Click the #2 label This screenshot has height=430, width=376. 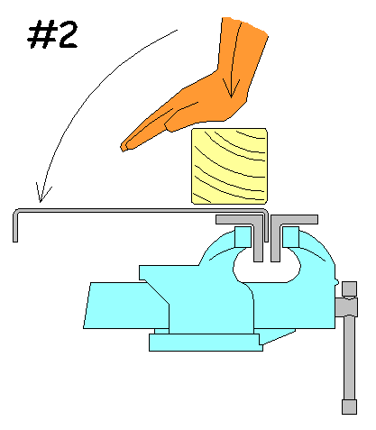coord(52,34)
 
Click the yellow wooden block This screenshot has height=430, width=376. coord(229,166)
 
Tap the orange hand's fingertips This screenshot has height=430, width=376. coord(124,146)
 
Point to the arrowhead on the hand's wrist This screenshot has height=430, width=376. coord(231,87)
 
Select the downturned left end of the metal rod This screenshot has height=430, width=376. coord(15,225)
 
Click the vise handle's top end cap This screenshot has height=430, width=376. coord(349,289)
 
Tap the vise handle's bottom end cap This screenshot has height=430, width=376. coord(349,407)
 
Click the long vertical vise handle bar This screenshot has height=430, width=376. coord(349,358)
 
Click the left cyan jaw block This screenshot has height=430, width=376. coord(243,237)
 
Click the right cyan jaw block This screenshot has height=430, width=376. coord(290,237)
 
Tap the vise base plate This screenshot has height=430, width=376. coord(206,343)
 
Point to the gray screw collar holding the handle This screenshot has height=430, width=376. coord(346,306)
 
